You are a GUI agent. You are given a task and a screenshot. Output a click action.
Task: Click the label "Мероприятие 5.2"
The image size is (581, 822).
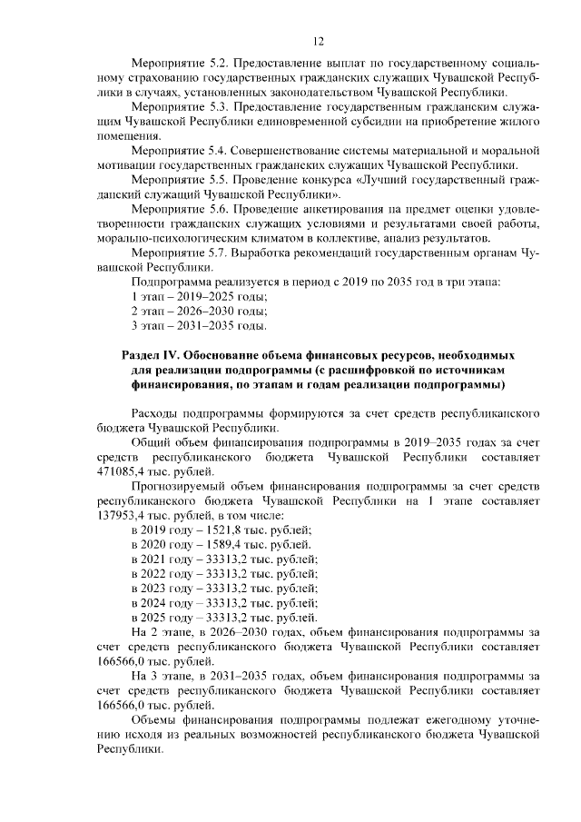pos(177,65)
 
